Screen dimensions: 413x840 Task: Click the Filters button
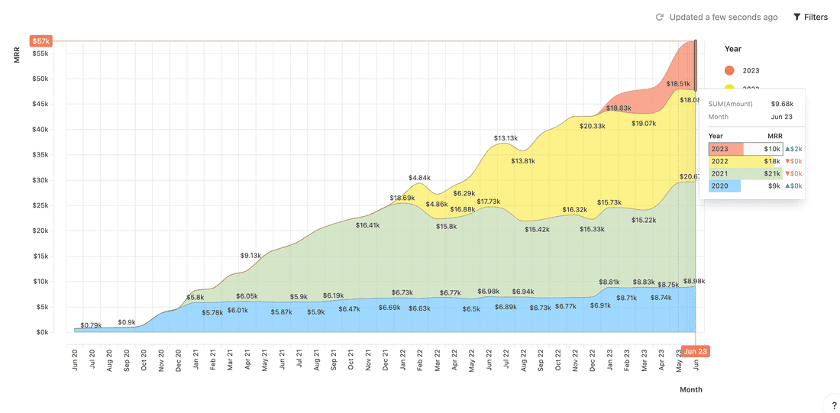click(x=810, y=17)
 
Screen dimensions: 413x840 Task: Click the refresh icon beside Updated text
click(x=660, y=17)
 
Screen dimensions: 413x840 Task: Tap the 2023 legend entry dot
click(x=729, y=70)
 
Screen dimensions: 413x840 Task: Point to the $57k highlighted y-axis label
click(x=40, y=41)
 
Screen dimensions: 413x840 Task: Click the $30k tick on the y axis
click(x=40, y=180)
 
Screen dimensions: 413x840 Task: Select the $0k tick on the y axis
click(x=41, y=332)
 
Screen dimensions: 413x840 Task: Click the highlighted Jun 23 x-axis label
click(x=695, y=351)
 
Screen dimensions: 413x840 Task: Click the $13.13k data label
click(x=506, y=138)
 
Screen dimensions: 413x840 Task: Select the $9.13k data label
click(x=250, y=256)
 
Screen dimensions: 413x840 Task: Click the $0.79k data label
click(x=91, y=325)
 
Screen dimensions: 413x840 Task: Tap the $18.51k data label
click(x=678, y=84)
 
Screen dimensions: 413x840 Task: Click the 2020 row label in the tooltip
click(x=719, y=186)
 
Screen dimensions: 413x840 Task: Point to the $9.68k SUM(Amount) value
click(x=782, y=104)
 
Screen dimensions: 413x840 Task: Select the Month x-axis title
click(x=691, y=389)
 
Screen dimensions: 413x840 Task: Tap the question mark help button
click(x=834, y=405)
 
